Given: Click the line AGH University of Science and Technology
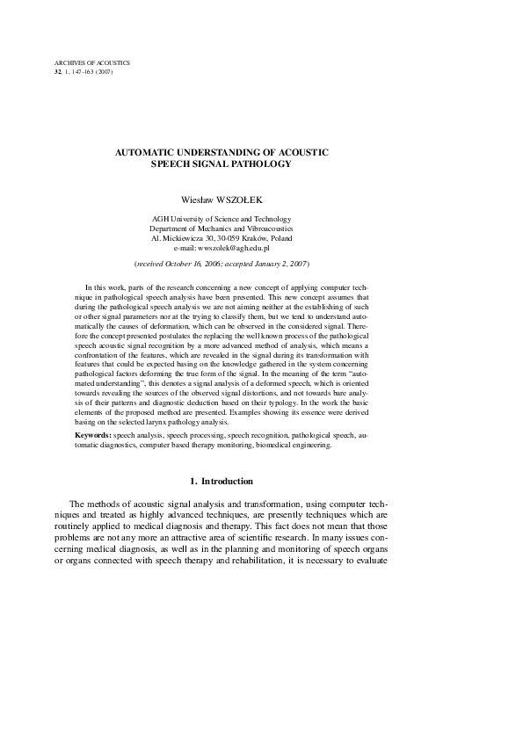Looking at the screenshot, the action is point(221,218).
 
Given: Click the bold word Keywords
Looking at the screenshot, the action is point(92,434).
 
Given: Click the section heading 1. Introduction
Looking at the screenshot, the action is point(222,482).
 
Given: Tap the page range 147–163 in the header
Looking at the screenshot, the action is point(78,71).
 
